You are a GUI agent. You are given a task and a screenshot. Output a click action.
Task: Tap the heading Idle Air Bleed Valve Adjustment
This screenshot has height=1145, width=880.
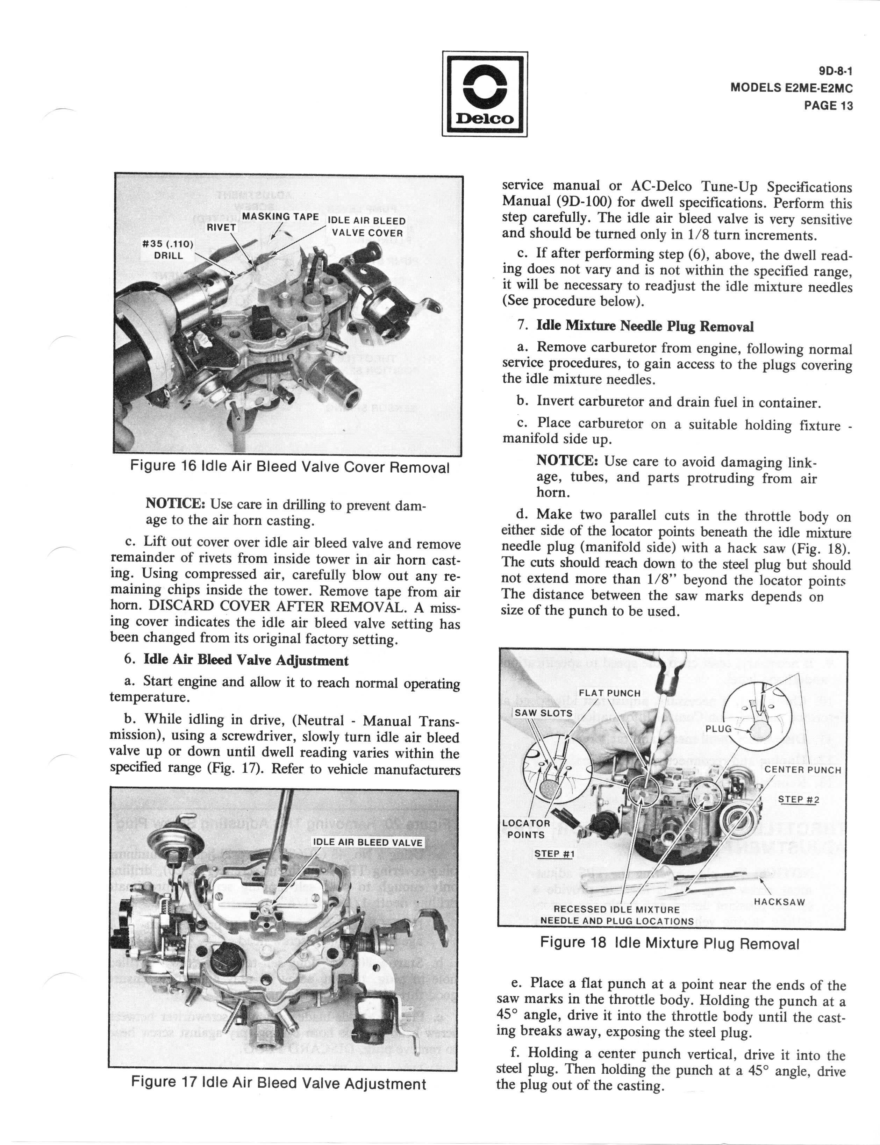coord(246,660)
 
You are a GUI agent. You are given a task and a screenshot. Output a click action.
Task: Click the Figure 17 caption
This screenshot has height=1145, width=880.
coord(279,1083)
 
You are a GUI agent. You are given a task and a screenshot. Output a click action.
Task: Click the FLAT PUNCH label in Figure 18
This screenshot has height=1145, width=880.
coord(609,693)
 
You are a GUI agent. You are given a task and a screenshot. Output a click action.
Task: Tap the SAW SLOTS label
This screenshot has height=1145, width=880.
coord(543,713)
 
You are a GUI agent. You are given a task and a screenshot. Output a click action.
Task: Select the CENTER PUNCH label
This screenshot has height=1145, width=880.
coord(802,770)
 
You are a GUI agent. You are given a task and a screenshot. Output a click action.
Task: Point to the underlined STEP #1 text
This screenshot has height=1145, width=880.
coord(554,854)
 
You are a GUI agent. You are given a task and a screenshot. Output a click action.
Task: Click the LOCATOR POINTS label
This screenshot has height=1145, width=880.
coord(526,829)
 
